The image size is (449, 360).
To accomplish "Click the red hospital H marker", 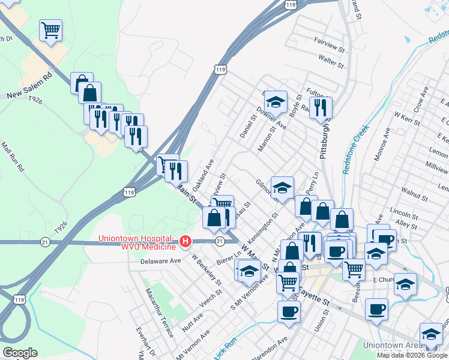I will click(x=185, y=241).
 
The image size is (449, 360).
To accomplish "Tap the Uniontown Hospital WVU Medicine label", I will click(x=138, y=242).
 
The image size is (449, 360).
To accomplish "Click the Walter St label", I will click(x=331, y=61).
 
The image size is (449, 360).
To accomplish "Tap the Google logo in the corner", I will click(x=20, y=352).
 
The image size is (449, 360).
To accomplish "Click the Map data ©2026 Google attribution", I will click(x=412, y=355).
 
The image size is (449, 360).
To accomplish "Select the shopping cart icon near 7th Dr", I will click(x=51, y=29).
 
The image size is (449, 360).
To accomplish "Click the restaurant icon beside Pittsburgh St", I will click(x=322, y=107).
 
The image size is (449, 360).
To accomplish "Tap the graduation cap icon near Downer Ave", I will click(x=276, y=102).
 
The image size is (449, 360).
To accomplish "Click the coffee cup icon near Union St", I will click(x=289, y=312).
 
